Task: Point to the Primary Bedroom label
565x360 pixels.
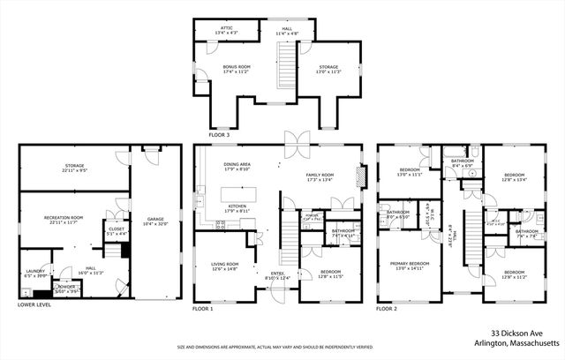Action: coord(411,264)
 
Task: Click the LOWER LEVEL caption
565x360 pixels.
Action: coord(34,305)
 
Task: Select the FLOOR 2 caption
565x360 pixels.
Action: coord(388,309)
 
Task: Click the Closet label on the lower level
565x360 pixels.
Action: coord(117,231)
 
